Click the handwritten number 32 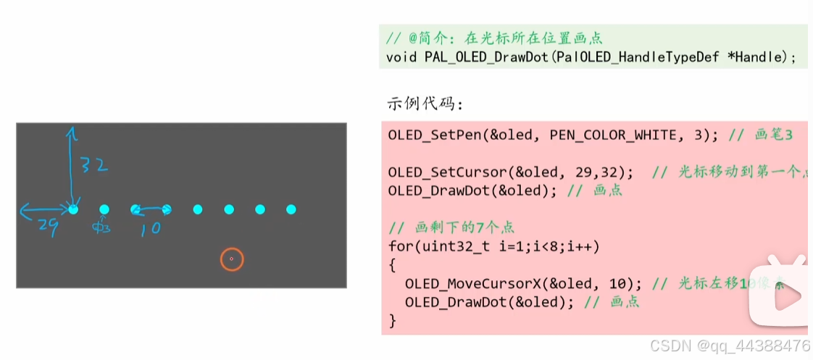point(94,166)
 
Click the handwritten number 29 point(46,225)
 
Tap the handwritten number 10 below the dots point(151,228)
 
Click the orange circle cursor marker point(231,259)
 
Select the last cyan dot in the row point(291,209)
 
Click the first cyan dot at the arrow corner point(73,209)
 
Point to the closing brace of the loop point(393,320)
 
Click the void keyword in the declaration point(401,56)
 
